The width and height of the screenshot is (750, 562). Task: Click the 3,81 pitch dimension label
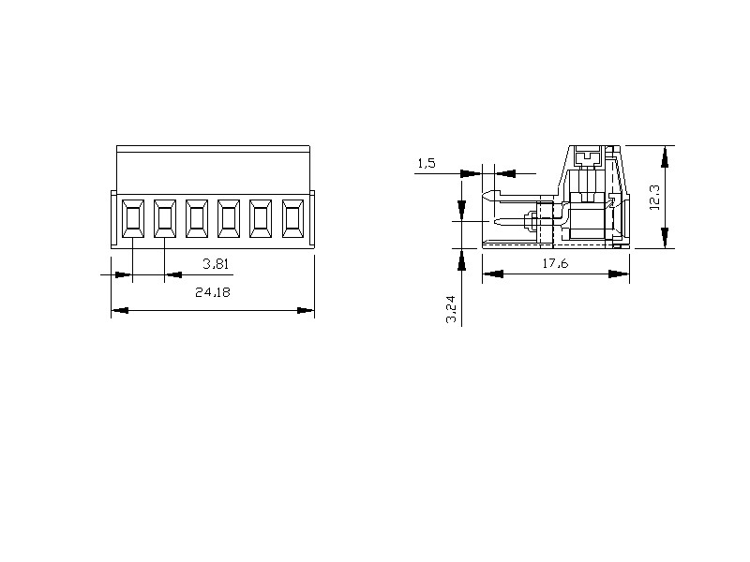point(216,264)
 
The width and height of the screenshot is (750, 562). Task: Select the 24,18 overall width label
point(213,292)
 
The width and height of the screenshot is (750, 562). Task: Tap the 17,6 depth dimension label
point(555,263)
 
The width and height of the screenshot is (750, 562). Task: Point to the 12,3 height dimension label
point(654,198)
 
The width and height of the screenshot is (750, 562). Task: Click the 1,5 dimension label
point(427,163)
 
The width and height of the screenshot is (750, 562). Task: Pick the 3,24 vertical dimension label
point(452,309)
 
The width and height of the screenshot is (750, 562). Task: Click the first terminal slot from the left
point(133,218)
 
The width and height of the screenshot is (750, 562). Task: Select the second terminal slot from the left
point(165,218)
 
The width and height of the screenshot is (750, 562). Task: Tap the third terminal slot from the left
point(197,218)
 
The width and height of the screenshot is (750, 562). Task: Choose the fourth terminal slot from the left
point(229,218)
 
